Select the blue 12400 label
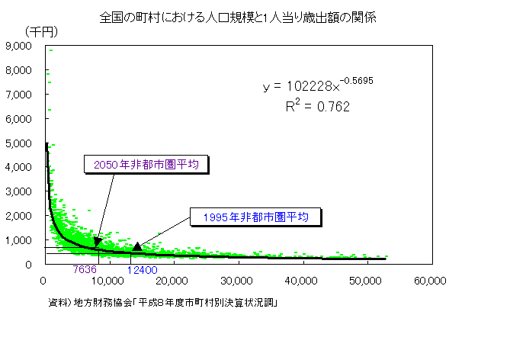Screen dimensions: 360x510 (143, 270)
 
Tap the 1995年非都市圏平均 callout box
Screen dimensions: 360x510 (255, 217)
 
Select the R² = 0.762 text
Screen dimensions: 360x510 (317, 107)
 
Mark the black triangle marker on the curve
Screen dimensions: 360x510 (136, 246)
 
